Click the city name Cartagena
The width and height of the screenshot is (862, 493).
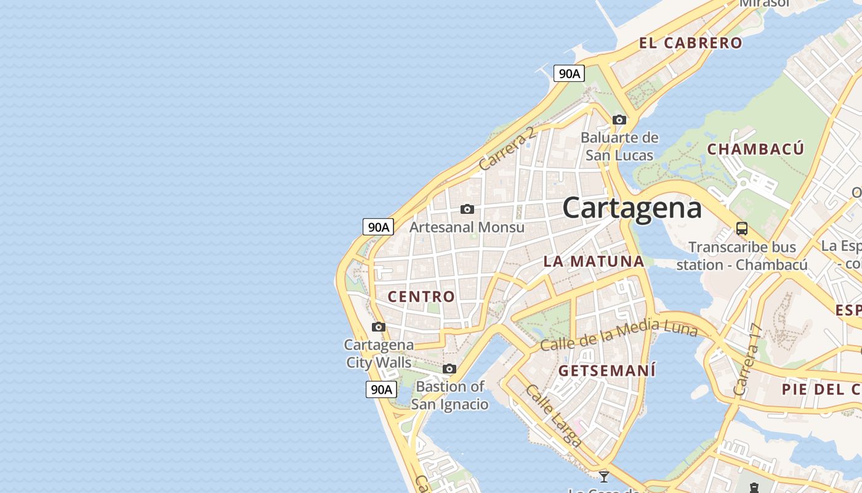(632, 208)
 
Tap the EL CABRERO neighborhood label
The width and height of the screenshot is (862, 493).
(690, 43)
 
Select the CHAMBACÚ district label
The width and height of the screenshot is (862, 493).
(755, 149)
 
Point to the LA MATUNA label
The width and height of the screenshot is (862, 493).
(594, 261)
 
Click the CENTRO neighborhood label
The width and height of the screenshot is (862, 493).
(421, 296)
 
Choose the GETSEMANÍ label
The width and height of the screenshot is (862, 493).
(606, 370)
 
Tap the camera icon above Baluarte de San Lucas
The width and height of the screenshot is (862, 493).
(619, 120)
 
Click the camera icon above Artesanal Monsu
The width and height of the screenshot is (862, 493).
(467, 210)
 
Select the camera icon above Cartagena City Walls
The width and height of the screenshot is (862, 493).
(379, 327)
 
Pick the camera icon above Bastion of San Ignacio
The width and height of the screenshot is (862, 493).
(449, 369)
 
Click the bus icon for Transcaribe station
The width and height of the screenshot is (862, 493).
(742, 229)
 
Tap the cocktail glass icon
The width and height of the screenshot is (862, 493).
(604, 476)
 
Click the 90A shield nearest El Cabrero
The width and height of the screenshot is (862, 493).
(568, 73)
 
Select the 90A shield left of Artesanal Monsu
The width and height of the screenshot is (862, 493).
(378, 227)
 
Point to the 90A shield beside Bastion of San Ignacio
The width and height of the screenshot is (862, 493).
(381, 389)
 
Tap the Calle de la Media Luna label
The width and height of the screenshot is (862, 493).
(618, 336)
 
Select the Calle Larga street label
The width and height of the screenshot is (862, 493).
(553, 415)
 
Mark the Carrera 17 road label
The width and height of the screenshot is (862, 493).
(748, 360)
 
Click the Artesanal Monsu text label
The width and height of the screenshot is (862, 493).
(467, 227)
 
